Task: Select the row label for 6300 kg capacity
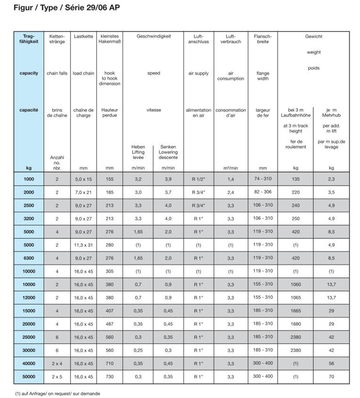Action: click(29, 258)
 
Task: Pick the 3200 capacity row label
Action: click(29, 218)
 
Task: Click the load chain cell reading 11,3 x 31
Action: click(83, 244)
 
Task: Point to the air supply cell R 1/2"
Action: click(198, 179)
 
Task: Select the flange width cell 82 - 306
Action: click(263, 192)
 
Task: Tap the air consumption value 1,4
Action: click(230, 179)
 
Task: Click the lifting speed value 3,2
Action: click(138, 179)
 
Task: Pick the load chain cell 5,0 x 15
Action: click(83, 179)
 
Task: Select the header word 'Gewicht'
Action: click(314, 36)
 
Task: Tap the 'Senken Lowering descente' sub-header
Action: click(168, 152)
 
